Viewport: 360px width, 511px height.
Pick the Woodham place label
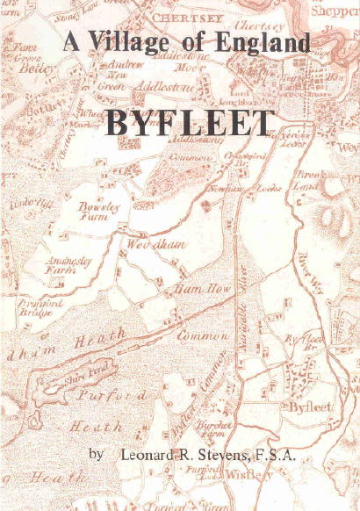155,245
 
